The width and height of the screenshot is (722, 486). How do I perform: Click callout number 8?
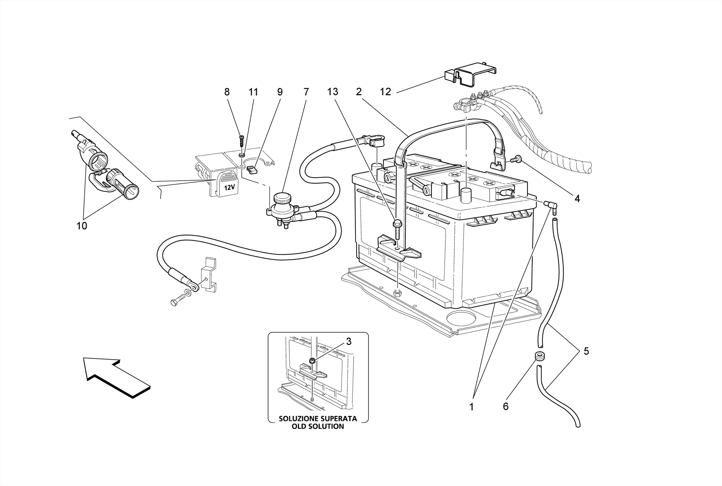click(x=227, y=92)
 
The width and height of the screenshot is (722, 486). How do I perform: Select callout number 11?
click(x=253, y=92)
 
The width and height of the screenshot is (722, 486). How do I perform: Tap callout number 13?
click(x=332, y=92)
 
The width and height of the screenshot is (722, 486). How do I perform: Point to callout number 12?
click(x=385, y=92)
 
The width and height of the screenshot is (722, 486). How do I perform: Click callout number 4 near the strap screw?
click(x=577, y=199)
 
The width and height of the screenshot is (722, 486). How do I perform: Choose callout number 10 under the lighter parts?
click(x=82, y=226)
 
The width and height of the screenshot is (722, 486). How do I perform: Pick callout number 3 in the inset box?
click(x=348, y=341)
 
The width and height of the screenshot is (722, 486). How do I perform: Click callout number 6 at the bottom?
click(x=506, y=407)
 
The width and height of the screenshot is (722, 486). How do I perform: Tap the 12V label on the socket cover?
click(x=229, y=187)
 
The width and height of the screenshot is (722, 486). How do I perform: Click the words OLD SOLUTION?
click(x=318, y=426)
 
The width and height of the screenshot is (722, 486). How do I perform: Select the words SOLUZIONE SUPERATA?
click(x=318, y=419)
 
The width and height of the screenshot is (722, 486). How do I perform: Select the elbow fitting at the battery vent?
click(x=550, y=205)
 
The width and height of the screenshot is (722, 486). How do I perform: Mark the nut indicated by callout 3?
click(x=312, y=360)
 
